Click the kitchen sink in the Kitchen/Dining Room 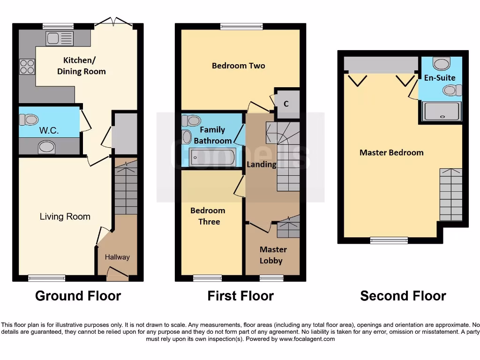[x=60, y=38]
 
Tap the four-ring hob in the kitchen [x=27, y=67]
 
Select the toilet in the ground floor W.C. [x=29, y=120]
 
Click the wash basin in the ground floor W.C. [x=46, y=148]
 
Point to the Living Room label [x=65, y=217]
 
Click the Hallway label [x=117, y=257]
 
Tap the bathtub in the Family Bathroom [x=213, y=157]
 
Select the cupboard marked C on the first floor [x=286, y=104]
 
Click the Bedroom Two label [x=238, y=66]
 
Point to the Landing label [x=262, y=164]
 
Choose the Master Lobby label [x=273, y=255]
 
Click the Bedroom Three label [x=208, y=216]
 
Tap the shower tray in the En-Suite [x=441, y=112]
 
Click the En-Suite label [x=439, y=78]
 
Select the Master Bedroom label [x=391, y=152]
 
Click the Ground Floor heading [x=78, y=296]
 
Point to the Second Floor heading [x=403, y=296]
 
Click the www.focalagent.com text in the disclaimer [x=307, y=339]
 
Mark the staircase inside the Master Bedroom [x=450, y=195]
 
